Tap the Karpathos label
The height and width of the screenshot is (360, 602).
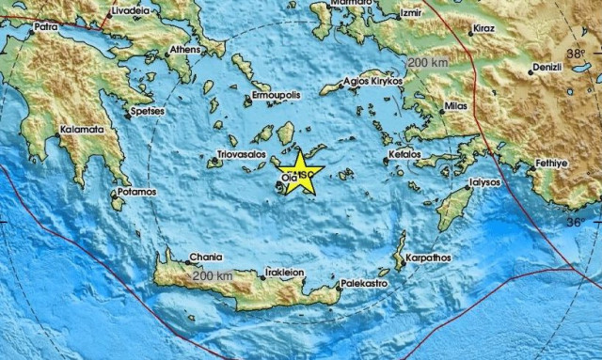pyautogui.click(x=428, y=258)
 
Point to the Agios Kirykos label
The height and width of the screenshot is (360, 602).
pyautogui.click(x=375, y=82)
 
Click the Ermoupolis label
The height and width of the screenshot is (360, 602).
pyautogui.click(x=276, y=97)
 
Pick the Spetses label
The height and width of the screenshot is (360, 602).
pyautogui.click(x=149, y=111)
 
